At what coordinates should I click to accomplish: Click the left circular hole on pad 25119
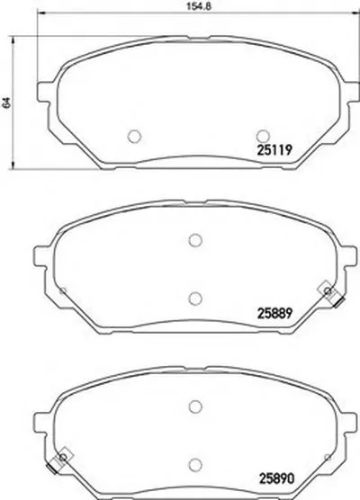134,136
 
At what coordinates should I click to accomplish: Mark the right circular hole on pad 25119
263,136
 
